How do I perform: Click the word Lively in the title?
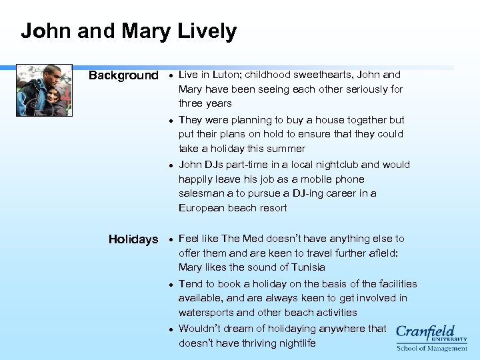[x=207, y=31]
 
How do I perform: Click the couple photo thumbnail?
[x=44, y=91]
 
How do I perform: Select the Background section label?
[x=123, y=75]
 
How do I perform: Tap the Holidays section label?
[x=133, y=239]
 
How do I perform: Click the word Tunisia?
[x=305, y=267]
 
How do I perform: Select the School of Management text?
[x=432, y=348]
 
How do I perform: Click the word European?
[x=201, y=208]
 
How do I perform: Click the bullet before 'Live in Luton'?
[x=171, y=75]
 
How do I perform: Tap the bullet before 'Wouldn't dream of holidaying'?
[x=171, y=329]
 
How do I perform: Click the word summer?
[x=287, y=149]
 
